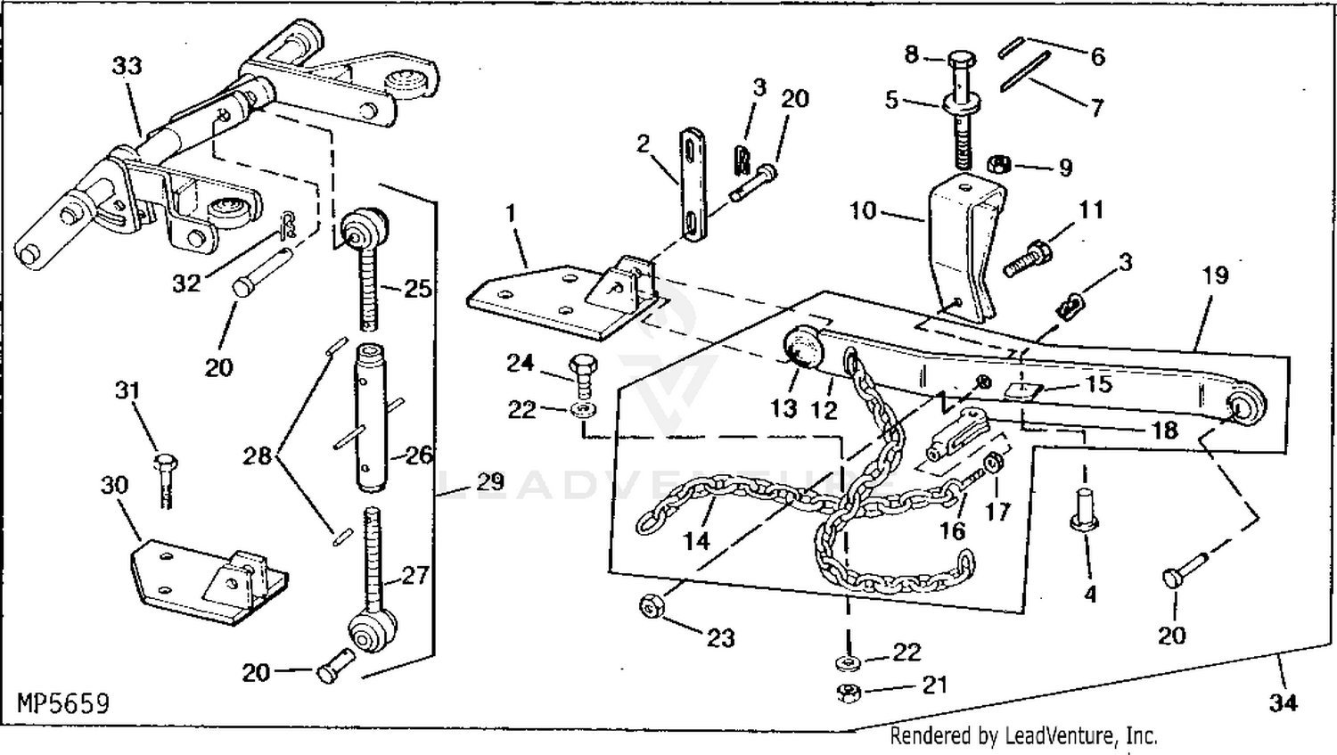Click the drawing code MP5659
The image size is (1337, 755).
point(63,704)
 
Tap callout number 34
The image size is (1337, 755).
point(1283,703)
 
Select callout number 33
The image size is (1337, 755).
point(127,66)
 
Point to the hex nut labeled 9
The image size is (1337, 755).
point(999,164)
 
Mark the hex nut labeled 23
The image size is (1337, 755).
point(651,607)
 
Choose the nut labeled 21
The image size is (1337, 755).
point(849,692)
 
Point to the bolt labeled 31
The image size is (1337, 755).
point(164,476)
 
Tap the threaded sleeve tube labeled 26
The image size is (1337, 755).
point(372,417)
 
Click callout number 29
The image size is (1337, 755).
point(489,482)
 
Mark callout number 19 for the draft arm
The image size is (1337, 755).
point(1215,275)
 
